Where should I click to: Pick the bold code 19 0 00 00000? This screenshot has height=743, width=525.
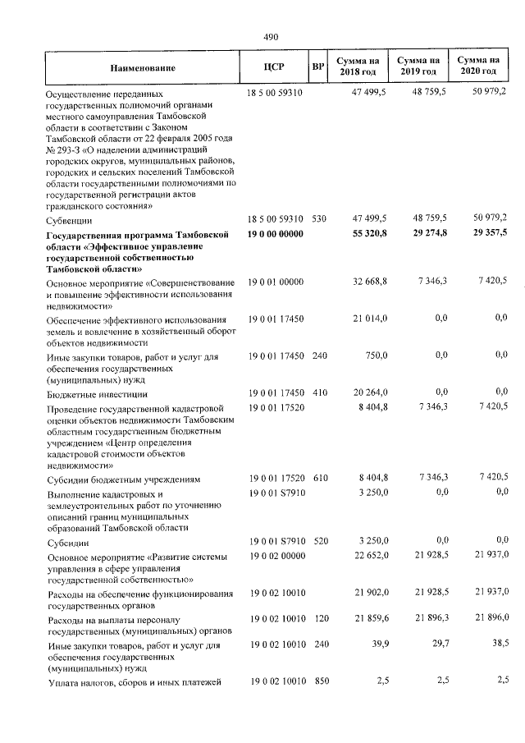(275, 235)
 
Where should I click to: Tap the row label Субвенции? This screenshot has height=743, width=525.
(70, 220)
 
